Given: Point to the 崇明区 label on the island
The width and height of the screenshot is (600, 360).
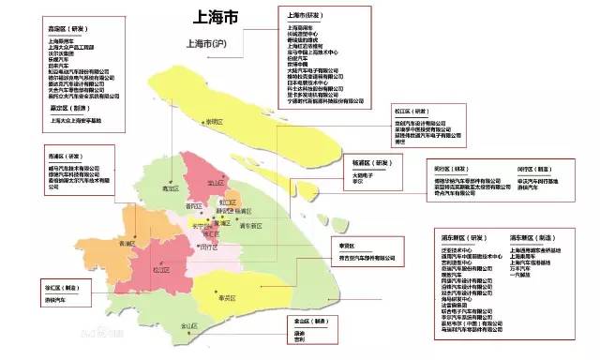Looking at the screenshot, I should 216,122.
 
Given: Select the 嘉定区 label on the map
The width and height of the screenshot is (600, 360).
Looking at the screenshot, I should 171,188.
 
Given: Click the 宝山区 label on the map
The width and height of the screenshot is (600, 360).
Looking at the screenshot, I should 217,183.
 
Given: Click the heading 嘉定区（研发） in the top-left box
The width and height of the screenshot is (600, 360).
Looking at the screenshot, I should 61,28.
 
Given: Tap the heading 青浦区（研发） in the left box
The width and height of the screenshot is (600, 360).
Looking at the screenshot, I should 63,156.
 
